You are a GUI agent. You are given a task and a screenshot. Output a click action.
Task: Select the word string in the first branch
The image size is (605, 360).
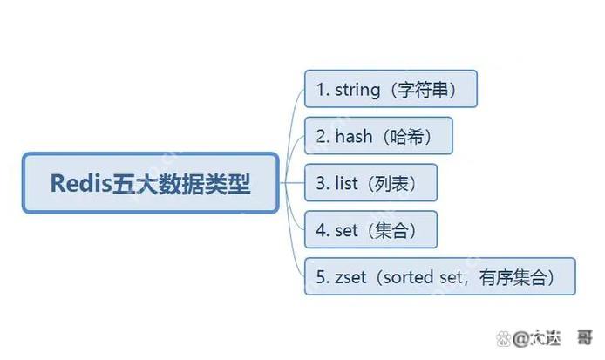[357, 90]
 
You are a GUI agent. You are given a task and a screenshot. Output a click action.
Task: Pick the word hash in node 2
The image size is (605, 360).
[351, 136]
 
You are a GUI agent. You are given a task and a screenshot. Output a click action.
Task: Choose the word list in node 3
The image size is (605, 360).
[346, 184]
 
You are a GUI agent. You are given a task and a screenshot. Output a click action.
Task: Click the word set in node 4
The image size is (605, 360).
[346, 230]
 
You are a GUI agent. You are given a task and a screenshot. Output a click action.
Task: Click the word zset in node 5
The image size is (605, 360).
[350, 277]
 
